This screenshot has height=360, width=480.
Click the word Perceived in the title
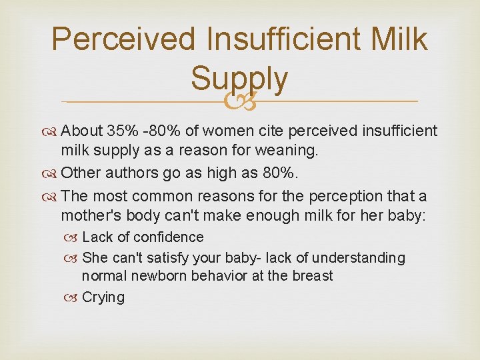pyautogui.click(x=123, y=39)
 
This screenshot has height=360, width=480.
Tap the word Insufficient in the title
pyautogui.click(x=283, y=39)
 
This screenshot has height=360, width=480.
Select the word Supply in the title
pyautogui.click(x=239, y=79)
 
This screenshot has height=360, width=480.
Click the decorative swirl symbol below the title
pyautogui.click(x=240, y=102)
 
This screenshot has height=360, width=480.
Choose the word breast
pyautogui.click(x=311, y=275)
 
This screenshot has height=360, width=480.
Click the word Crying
pyautogui.click(x=103, y=297)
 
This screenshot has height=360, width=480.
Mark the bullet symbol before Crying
pyautogui.click(x=73, y=297)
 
